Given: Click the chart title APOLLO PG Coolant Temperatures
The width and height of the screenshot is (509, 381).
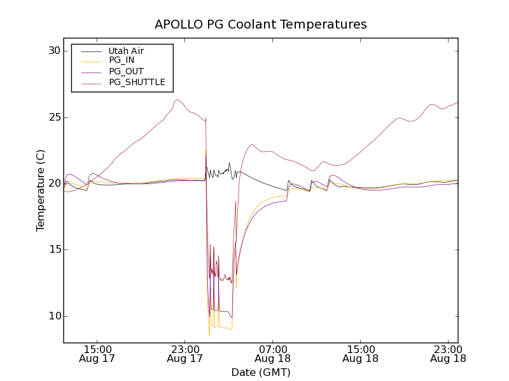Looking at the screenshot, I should coord(261,25).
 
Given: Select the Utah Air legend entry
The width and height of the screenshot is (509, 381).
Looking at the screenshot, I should coord(126,51).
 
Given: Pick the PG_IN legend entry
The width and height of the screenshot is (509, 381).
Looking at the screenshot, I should coord(122,60).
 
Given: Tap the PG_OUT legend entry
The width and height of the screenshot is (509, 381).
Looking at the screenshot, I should coord(126,71).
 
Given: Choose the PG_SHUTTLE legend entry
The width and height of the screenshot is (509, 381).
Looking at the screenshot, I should coord(137,82).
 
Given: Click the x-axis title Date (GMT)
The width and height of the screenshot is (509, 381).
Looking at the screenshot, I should coord(261,372).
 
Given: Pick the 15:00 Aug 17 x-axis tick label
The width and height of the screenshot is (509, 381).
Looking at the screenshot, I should coord(98,354).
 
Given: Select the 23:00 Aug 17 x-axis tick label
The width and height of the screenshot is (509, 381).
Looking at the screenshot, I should coord(185,354).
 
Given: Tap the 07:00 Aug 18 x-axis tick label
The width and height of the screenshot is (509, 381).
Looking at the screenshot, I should coord(273,354).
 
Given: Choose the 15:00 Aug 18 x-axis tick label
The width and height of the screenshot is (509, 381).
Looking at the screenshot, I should coord(360,354).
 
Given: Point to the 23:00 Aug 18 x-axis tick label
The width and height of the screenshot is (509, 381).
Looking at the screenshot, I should coord(448,354).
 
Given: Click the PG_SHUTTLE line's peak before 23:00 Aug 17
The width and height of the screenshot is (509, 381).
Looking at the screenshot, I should coord(177,100).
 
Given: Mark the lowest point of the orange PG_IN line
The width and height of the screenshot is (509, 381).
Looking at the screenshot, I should coord(209,335).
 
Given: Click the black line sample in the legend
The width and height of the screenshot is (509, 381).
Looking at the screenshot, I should coord(90,51).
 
